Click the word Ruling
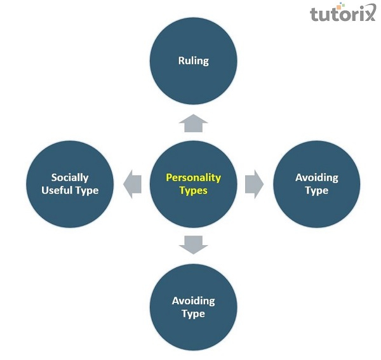tap(194, 61)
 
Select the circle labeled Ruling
tap(194, 61)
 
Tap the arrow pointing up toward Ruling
tap(194, 123)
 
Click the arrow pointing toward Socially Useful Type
tap(133, 184)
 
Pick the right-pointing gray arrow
tap(255, 184)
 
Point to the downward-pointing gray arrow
tap(194, 245)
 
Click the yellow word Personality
tap(194, 178)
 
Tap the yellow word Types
tap(194, 190)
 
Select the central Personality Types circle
tap(194, 184)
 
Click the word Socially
tap(70, 178)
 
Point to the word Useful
tap(57, 190)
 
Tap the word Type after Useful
tap(87, 191)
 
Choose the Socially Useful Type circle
tap(70, 184)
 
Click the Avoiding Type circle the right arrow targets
tap(317, 184)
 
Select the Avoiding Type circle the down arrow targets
tap(194, 307)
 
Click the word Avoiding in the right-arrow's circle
tap(317, 178)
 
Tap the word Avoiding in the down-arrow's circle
tap(194, 301)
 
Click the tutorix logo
tap(343, 12)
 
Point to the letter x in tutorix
tap(368, 13)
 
